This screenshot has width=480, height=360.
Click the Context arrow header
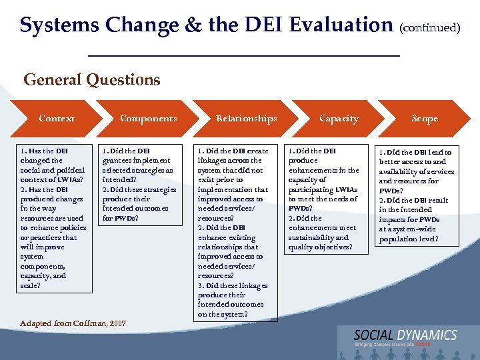[x=57, y=119]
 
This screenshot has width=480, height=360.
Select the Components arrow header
[x=148, y=119]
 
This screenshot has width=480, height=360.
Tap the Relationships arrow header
[x=246, y=119]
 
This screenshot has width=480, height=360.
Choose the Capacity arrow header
[x=339, y=119]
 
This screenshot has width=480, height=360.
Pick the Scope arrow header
[x=425, y=119]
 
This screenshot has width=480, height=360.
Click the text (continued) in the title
[x=430, y=28]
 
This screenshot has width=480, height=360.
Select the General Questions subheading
[x=92, y=81]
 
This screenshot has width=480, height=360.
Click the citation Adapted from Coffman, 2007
[x=73, y=323]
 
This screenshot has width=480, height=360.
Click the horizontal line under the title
[x=244, y=55]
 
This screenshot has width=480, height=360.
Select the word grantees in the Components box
[x=117, y=160]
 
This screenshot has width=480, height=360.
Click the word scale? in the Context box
[x=31, y=285]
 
